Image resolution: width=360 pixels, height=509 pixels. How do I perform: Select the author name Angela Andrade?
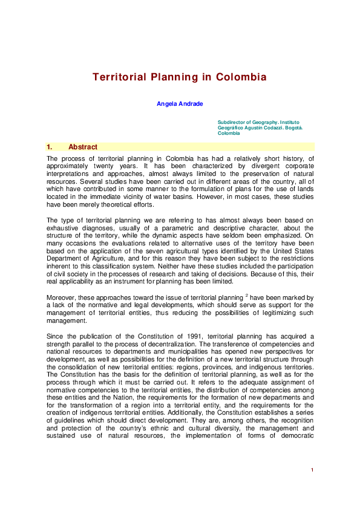[x=180, y=104]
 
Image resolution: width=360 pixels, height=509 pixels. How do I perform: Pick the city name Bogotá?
[x=292, y=128]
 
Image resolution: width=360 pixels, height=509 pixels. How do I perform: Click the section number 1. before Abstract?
[x=50, y=147]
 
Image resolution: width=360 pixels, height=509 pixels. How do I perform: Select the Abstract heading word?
[x=83, y=147]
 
